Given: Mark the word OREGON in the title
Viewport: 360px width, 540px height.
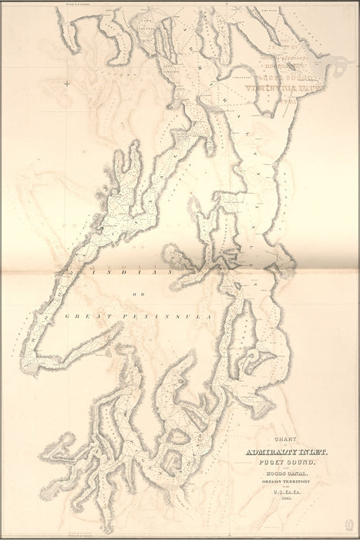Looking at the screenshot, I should [x=274, y=484].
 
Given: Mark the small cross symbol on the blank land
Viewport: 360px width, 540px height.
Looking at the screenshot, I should [x=68, y=83].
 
